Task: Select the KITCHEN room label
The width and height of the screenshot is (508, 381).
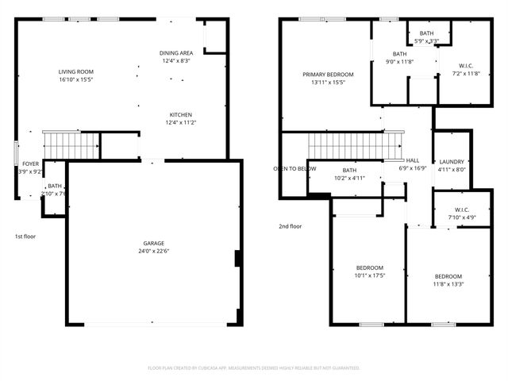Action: click(179, 114)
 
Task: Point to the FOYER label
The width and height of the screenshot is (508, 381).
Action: click(30, 164)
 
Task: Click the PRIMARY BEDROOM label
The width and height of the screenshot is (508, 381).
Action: click(328, 75)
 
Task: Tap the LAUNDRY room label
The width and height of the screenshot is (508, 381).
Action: click(452, 160)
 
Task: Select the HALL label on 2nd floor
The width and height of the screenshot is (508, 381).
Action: click(413, 160)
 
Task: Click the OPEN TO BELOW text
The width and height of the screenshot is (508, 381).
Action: click(294, 169)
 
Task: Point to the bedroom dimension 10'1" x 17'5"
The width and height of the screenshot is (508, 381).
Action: click(370, 276)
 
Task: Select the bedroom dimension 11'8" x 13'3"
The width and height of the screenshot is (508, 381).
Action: click(448, 284)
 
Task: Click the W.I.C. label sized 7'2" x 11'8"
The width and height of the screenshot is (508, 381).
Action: click(466, 65)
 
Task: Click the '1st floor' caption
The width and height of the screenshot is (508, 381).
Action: click(25, 236)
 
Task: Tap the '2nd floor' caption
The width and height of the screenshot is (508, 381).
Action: click(290, 226)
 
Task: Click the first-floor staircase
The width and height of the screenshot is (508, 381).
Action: click(70, 145)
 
